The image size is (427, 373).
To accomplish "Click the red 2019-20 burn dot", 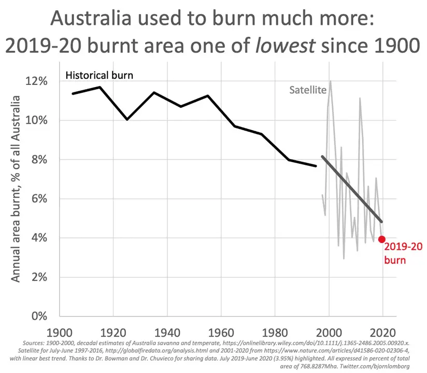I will click(382, 239).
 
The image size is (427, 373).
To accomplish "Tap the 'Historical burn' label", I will click(99, 75).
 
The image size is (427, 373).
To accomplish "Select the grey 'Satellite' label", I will click(307, 90).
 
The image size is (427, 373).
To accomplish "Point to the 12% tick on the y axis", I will click(38, 81).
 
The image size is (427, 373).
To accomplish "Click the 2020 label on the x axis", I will click(383, 332).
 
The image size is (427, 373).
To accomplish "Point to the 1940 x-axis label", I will click(166, 332).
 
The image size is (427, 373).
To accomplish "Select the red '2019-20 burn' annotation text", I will click(398, 254).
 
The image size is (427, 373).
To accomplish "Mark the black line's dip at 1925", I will click(126, 119).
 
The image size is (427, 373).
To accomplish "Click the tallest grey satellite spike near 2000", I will click(330, 81).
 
